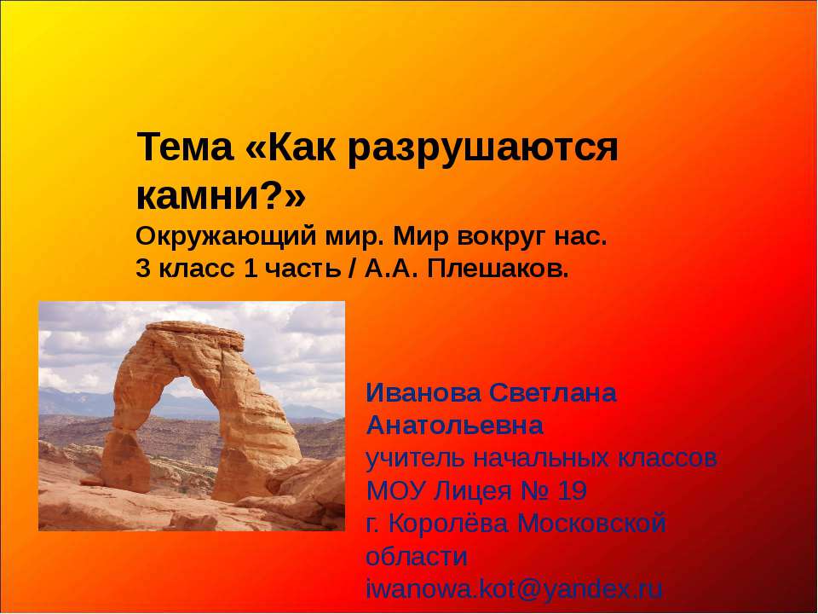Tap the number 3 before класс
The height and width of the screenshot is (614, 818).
pyautogui.click(x=142, y=269)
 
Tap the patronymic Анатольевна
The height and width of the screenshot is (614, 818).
pyautogui.click(x=454, y=425)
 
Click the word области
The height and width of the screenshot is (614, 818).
pyautogui.click(x=416, y=556)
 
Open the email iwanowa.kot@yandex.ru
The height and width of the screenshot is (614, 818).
pyautogui.click(x=514, y=588)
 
